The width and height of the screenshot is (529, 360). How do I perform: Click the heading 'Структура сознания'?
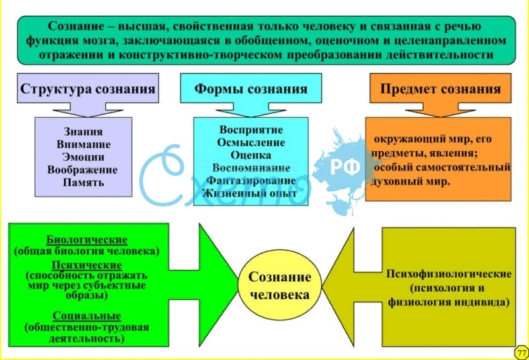[87, 89]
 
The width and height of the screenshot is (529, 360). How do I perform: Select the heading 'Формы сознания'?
[251, 89]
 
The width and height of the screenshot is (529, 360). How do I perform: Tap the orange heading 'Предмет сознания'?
[440, 89]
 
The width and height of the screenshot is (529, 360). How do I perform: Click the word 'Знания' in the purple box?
[83, 131]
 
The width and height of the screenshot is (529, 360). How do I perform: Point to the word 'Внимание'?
[83, 144]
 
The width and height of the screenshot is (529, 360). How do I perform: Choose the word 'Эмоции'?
[83, 157]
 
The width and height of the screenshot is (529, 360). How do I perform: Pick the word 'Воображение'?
[83, 169]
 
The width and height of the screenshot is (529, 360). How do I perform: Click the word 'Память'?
[83, 183]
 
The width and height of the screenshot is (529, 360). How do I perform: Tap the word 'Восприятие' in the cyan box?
[251, 129]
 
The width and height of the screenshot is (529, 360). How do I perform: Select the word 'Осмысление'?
[251, 142]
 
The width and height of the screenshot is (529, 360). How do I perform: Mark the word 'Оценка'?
[251, 154]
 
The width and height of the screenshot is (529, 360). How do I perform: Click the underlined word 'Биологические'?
[87, 240]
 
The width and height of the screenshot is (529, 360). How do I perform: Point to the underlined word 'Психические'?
[87, 263]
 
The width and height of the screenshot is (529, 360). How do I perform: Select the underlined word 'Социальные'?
[87, 316]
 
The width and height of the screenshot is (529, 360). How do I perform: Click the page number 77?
[520, 351]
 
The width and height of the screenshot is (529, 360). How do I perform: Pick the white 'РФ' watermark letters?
[345, 167]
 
